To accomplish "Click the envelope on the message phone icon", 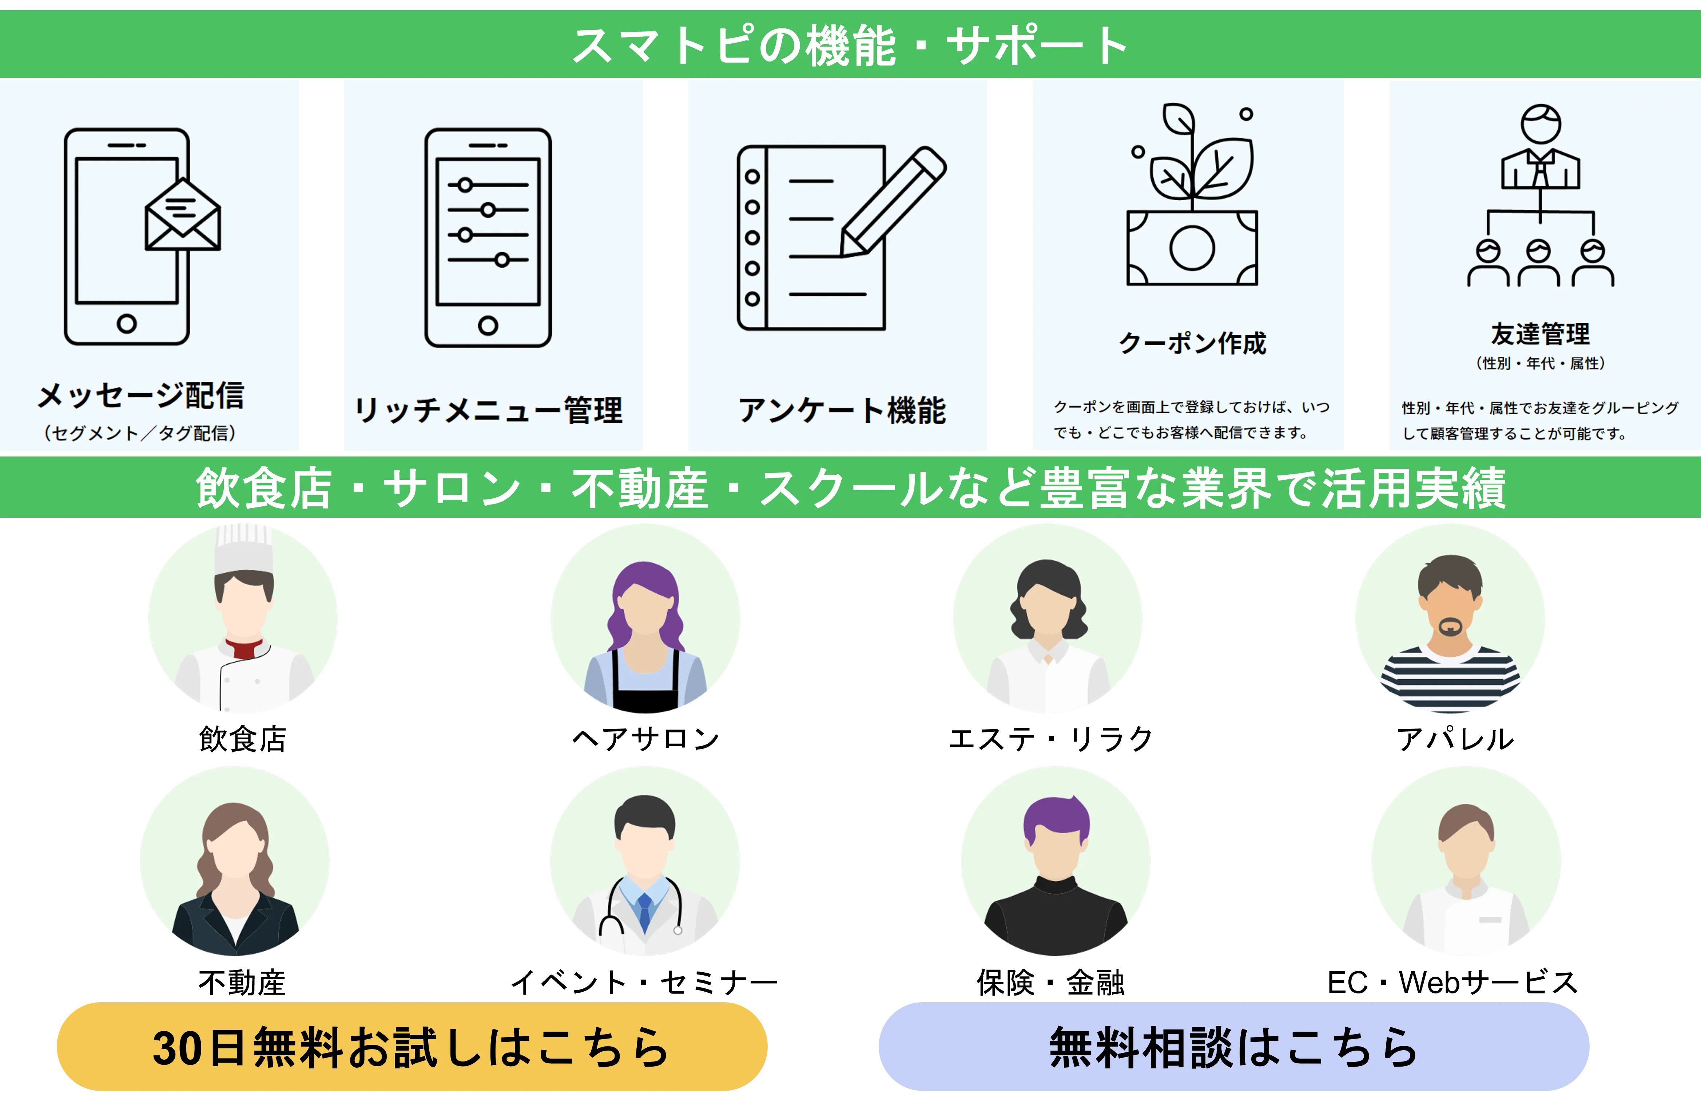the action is [x=183, y=214].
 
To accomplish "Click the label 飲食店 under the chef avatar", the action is [x=243, y=739].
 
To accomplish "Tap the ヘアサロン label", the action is [x=645, y=739].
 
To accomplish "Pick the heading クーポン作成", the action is [x=1192, y=343].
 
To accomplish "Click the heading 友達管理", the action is [x=1540, y=333].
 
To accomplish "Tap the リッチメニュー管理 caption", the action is [x=489, y=410].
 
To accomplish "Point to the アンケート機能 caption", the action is [x=842, y=410].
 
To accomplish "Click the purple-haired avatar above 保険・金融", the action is [x=1056, y=861].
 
